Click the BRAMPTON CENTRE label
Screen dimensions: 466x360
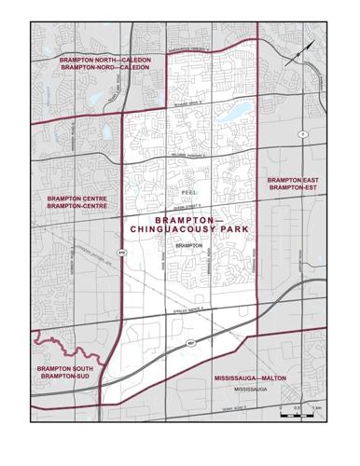pyautogui.click(x=76, y=199)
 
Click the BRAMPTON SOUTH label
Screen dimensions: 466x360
pyautogui.click(x=64, y=370)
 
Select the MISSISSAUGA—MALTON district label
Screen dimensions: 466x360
pyautogui.click(x=250, y=378)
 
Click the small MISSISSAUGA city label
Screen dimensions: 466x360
pyautogui.click(x=251, y=388)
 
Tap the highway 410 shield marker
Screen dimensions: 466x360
pyautogui.click(x=121, y=252)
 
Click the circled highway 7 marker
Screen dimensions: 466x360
pyautogui.click(x=303, y=136)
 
